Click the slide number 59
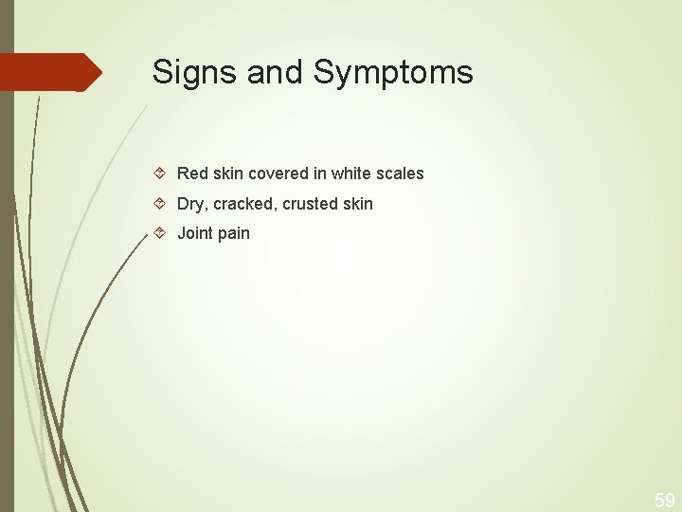click(664, 500)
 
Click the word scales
click(401, 174)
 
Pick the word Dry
click(190, 204)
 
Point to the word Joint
click(195, 233)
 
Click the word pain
click(233, 234)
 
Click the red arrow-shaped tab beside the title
click(52, 72)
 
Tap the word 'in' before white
click(319, 174)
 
